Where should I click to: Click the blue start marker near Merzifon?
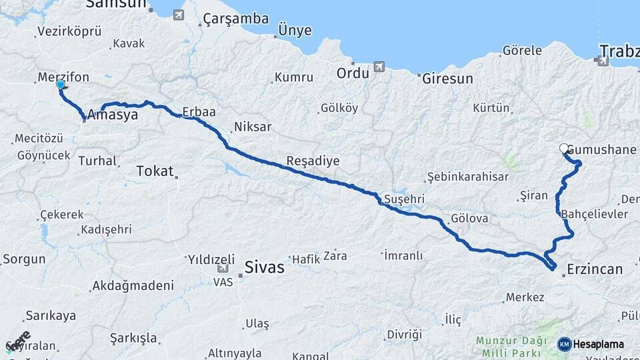(61, 85)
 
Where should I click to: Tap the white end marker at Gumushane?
(564, 149)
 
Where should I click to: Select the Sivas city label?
(265, 267)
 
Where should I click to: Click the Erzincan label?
(594, 269)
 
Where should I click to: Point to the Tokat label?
(154, 171)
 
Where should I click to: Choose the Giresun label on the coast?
(447, 78)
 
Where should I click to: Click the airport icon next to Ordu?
(379, 67)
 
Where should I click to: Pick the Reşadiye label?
(313, 161)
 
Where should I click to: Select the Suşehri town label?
(405, 199)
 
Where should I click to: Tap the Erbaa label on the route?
(199, 112)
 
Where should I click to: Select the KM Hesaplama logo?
(591, 344)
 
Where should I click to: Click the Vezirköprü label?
(69, 31)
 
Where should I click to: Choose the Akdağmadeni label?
(133, 285)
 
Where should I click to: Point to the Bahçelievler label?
(595, 214)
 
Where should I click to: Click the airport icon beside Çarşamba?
(178, 14)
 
